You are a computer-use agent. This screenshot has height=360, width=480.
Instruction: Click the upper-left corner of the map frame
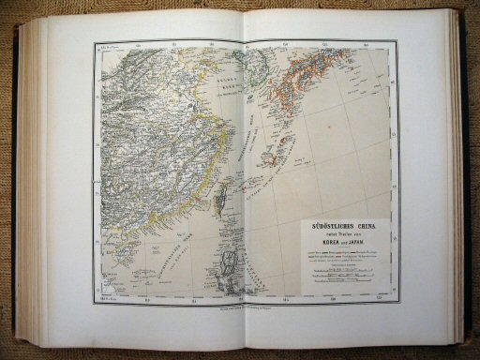[95, 44]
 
